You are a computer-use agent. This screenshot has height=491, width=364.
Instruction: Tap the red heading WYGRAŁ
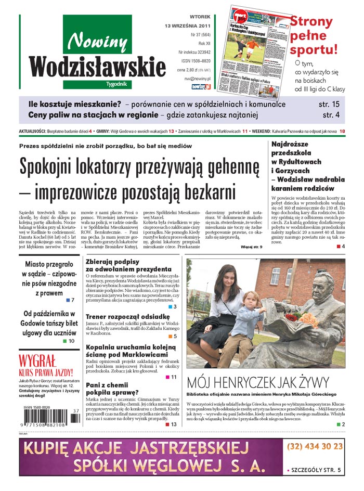(x=37, y=360)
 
